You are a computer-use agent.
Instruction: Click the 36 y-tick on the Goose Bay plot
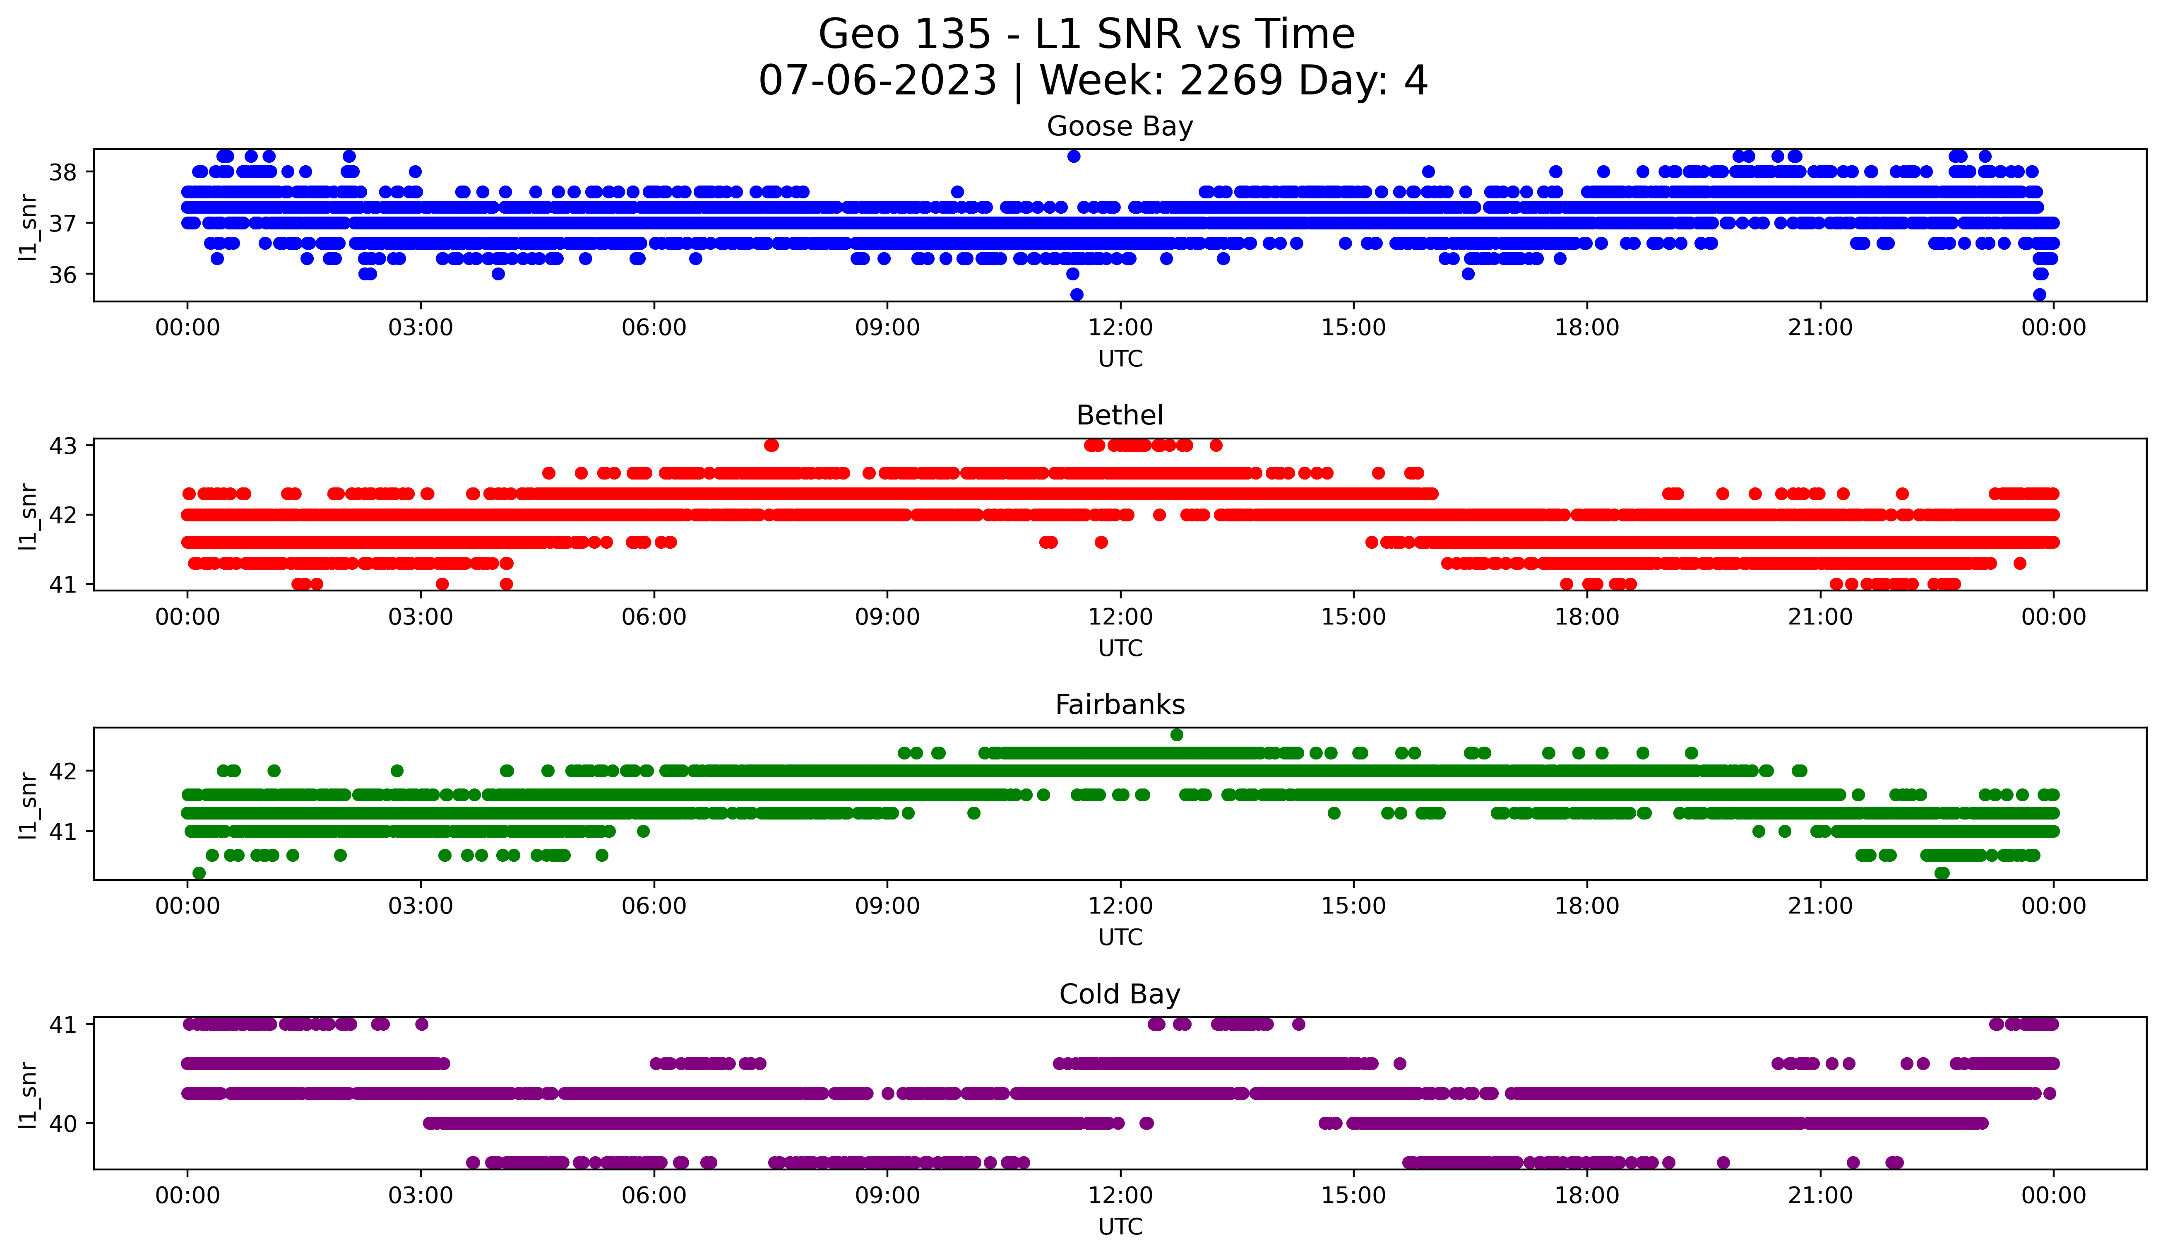(62, 275)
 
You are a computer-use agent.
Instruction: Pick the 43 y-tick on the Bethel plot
(62, 446)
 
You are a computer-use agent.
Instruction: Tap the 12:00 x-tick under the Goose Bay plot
(1120, 328)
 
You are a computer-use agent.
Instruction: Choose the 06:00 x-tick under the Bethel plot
(654, 617)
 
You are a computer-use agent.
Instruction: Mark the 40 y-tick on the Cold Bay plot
(62, 1124)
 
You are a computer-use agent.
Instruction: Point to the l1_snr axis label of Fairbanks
(28, 805)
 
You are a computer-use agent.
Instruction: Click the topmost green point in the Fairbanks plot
(1177, 735)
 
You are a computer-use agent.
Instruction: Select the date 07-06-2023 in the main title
(877, 81)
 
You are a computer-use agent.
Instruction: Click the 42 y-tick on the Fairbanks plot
(62, 771)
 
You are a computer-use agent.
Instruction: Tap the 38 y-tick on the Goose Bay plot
(62, 173)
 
